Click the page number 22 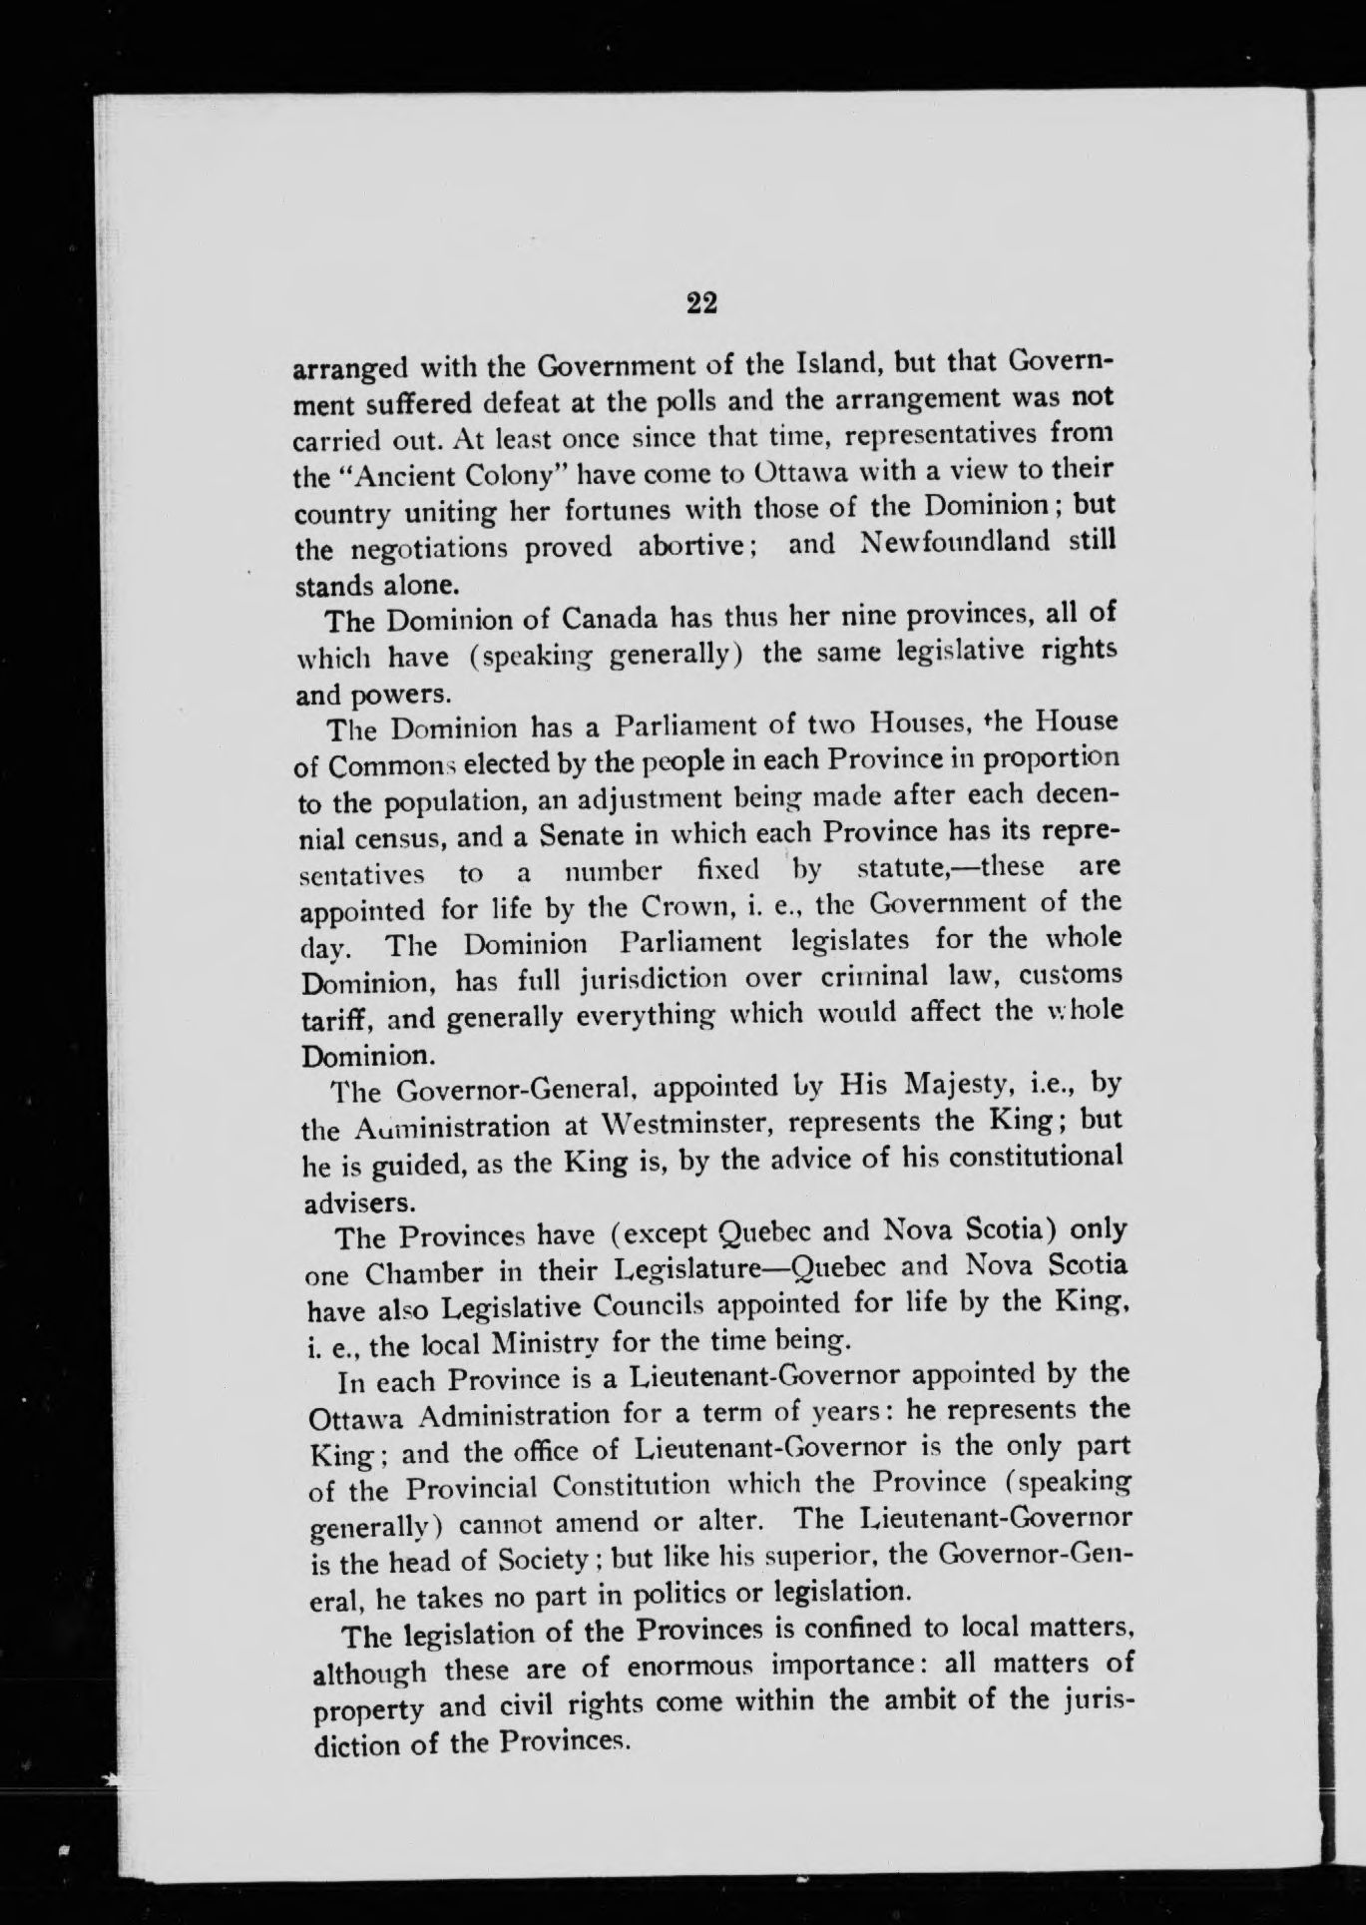point(702,303)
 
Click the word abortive point(702,547)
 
